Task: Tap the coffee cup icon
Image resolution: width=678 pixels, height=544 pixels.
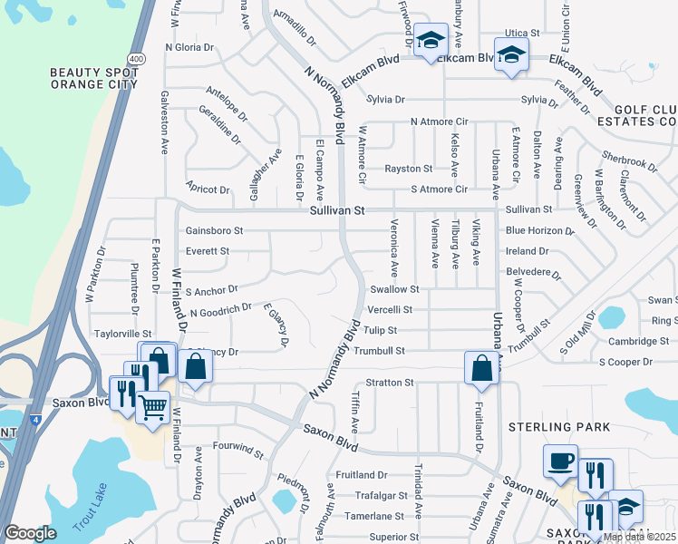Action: pos(560,461)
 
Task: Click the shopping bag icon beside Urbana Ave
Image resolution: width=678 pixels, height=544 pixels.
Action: pos(480,368)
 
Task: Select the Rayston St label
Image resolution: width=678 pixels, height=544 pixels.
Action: pos(408,169)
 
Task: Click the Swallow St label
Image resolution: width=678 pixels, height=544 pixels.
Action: pos(394,289)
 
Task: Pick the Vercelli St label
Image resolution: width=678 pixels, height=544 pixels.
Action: pos(390,309)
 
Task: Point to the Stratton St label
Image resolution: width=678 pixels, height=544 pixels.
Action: pos(389,383)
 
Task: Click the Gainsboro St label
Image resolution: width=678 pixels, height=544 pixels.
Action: pos(214,230)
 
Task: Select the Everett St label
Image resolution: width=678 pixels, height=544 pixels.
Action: pos(208,250)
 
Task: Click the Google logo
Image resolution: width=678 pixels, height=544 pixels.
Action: pos(30,533)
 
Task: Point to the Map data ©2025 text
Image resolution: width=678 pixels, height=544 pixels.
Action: pos(639,537)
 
